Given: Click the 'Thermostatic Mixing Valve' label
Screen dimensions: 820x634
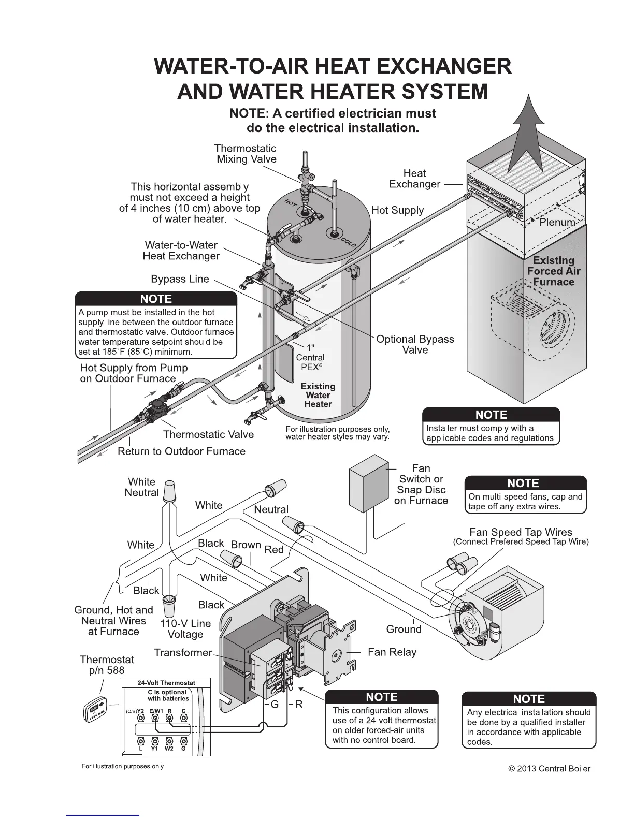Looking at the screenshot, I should click(246, 154).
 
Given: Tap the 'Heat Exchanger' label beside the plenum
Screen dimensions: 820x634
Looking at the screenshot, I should click(414, 179).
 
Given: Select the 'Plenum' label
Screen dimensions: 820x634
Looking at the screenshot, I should click(557, 222).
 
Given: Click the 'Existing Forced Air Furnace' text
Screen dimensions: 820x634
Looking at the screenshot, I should click(554, 271).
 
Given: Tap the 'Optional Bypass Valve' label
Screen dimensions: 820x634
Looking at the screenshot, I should click(415, 344).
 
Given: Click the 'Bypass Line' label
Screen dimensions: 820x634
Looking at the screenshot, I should click(180, 279).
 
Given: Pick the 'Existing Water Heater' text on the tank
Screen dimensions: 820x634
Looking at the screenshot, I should click(318, 395).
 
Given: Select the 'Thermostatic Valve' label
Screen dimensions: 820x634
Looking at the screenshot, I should click(208, 434).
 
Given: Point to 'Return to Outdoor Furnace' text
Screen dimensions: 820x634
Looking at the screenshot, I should click(181, 451).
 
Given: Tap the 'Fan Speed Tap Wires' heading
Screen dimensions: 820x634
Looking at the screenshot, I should click(521, 532).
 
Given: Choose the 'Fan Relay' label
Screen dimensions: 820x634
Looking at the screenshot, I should click(392, 652).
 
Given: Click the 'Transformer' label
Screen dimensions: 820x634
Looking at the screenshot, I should click(183, 653).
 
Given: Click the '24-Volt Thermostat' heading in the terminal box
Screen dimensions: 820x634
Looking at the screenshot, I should click(166, 683).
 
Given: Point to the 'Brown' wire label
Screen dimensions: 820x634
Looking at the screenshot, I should click(246, 545).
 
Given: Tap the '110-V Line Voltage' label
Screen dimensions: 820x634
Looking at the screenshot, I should click(185, 629).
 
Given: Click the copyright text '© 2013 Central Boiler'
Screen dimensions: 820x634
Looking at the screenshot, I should click(549, 768).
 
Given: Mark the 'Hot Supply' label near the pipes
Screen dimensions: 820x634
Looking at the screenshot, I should click(397, 210).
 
